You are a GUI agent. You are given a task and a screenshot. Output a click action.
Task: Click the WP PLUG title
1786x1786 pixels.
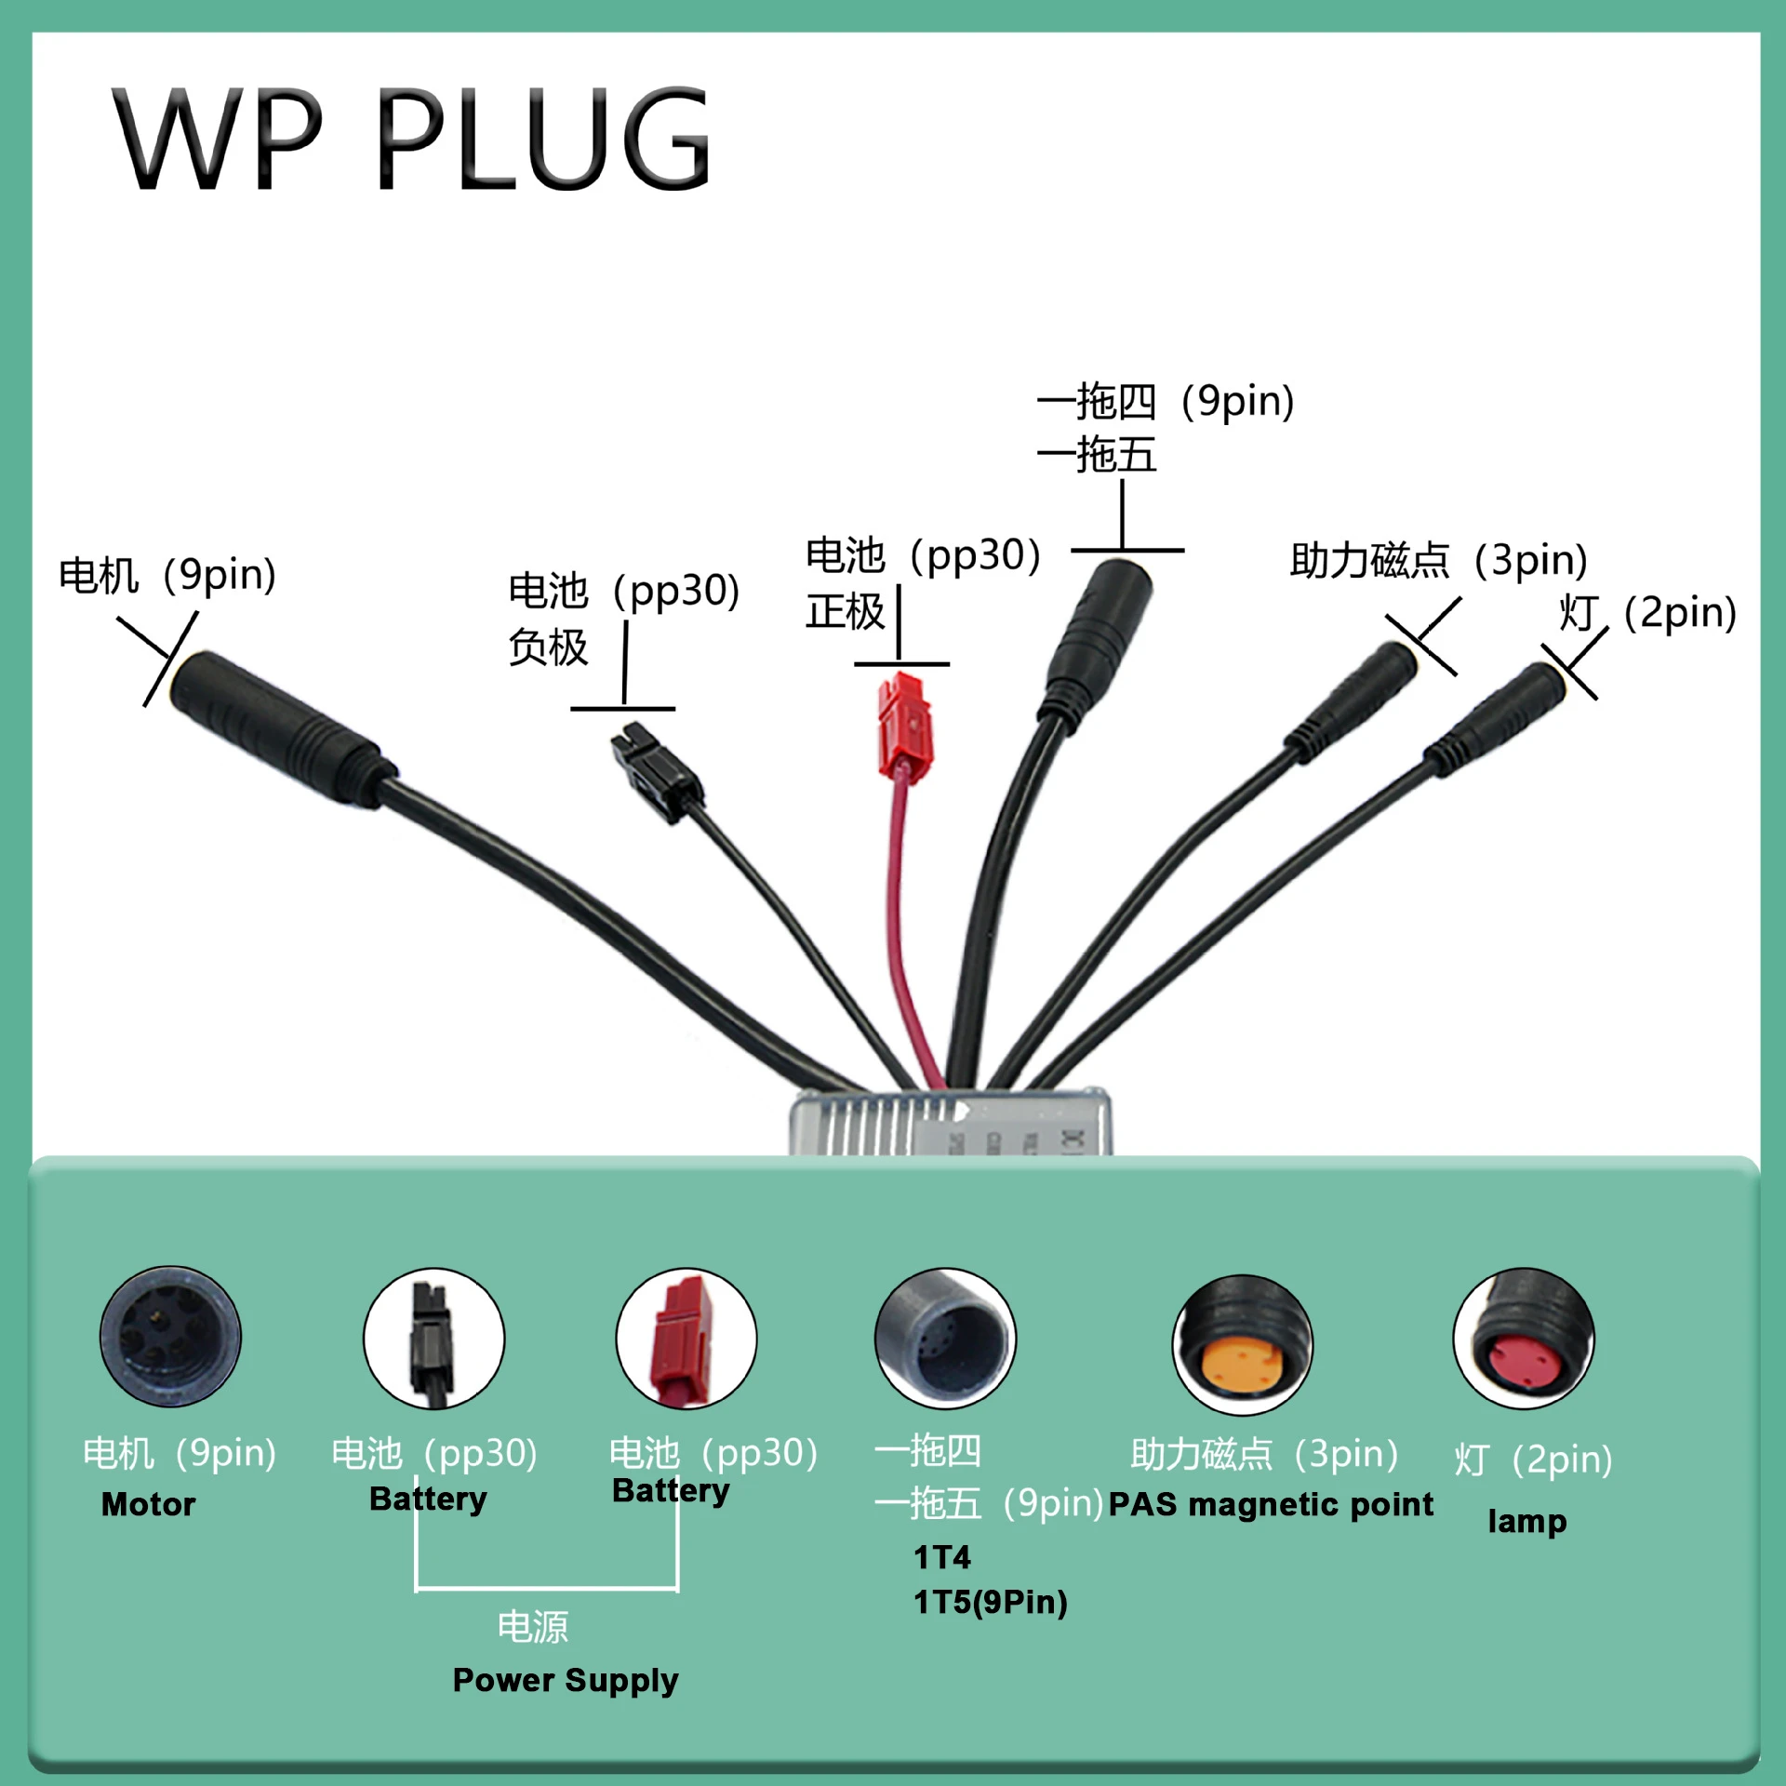tap(412, 140)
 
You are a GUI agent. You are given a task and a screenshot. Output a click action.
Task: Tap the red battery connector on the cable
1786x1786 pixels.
tap(904, 726)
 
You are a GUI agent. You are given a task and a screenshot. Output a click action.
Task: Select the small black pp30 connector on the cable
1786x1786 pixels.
tap(656, 771)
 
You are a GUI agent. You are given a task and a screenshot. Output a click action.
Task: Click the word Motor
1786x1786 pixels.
tap(149, 1504)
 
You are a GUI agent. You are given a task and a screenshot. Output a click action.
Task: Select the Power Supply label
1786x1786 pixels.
tap(566, 1681)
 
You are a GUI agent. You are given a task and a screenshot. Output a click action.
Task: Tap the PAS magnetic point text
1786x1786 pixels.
tap(1271, 1505)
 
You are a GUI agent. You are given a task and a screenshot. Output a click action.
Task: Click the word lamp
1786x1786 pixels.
tap(1527, 1521)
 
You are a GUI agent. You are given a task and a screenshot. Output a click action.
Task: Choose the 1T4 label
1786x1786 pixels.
tap(941, 1557)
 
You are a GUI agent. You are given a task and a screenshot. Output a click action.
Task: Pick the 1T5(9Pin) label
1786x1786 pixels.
tap(991, 1602)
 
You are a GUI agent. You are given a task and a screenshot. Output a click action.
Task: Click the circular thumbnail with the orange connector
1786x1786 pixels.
tap(1242, 1343)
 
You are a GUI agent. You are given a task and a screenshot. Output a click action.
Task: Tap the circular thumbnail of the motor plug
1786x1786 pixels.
tap(170, 1337)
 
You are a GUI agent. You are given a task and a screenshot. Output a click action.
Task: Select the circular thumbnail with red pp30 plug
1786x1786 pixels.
tap(686, 1338)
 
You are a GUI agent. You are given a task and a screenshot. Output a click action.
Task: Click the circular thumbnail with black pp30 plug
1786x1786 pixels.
tap(433, 1338)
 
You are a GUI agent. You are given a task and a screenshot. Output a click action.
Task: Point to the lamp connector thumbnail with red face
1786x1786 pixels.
tap(1524, 1338)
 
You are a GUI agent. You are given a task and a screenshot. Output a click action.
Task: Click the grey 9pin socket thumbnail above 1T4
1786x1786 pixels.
tap(945, 1338)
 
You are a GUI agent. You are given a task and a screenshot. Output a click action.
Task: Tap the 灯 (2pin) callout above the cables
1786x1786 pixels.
tap(1647, 613)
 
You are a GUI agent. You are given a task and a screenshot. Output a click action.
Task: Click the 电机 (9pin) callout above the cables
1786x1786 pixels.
tap(167, 575)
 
